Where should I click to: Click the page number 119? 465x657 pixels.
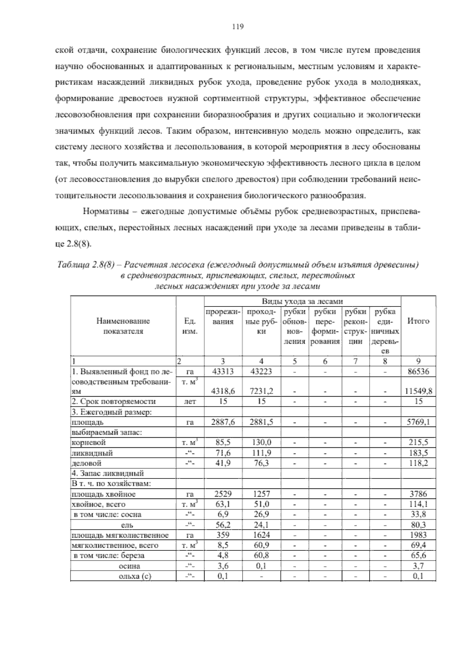237,27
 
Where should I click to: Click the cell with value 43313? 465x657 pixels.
223,371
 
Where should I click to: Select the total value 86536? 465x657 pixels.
418,371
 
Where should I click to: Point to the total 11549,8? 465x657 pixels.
418,391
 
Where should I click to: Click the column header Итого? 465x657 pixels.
418,321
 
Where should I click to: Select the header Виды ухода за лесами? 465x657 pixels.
302,301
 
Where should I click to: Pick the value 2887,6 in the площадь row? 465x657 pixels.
223,422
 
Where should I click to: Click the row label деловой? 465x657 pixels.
87,463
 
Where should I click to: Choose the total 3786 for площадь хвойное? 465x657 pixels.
418,494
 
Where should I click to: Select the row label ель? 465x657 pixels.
127,525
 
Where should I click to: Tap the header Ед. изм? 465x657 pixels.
190,326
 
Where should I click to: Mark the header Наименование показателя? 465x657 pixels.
123,326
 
